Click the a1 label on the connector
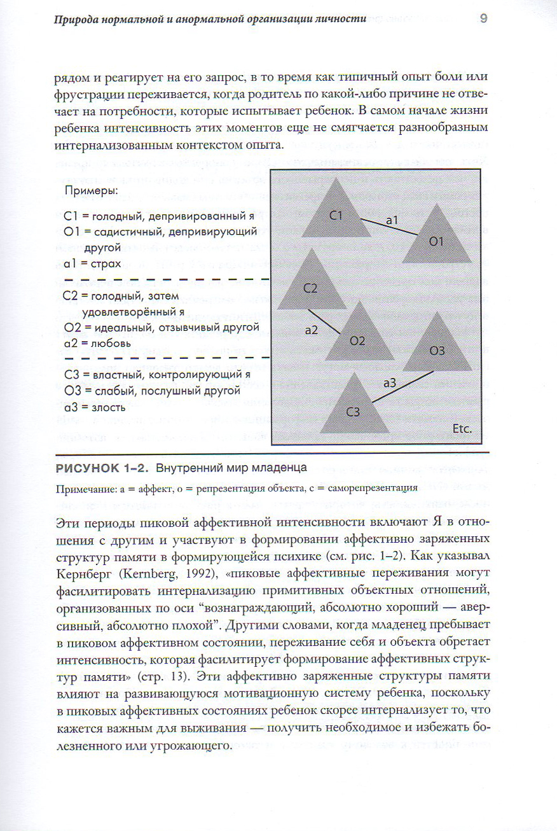click(x=392, y=219)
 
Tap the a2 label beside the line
click(x=312, y=330)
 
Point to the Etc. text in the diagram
click(x=462, y=429)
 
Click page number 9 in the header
click(x=483, y=18)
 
